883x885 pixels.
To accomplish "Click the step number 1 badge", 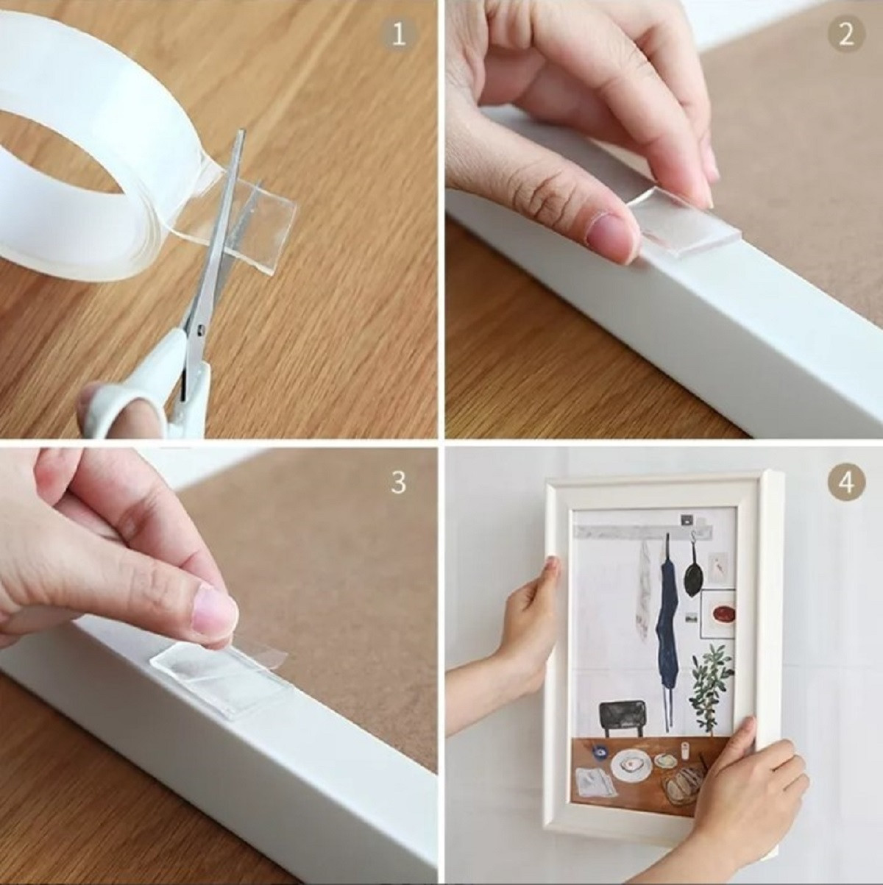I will [x=398, y=35].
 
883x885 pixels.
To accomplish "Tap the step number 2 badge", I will [x=846, y=35].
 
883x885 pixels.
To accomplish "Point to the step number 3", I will [x=398, y=483].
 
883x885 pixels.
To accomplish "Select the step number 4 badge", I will [x=846, y=483].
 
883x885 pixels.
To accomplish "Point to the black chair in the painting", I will [x=623, y=717].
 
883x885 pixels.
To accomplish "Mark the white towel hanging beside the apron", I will [x=645, y=581].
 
